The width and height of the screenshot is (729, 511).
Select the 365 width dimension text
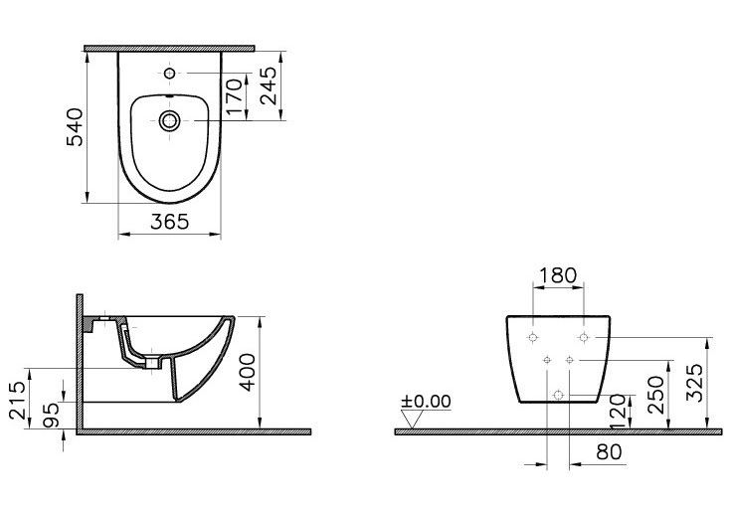coord(170,223)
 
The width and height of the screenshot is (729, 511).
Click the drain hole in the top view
coord(169,120)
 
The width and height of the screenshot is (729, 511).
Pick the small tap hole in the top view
coord(169,74)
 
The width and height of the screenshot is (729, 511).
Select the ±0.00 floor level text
coord(426,402)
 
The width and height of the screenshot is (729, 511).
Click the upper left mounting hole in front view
coord(535,338)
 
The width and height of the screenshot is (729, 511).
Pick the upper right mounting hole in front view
coord(584,338)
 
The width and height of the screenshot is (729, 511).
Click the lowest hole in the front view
coord(559,395)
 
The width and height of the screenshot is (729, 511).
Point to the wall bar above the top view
coord(168,47)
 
